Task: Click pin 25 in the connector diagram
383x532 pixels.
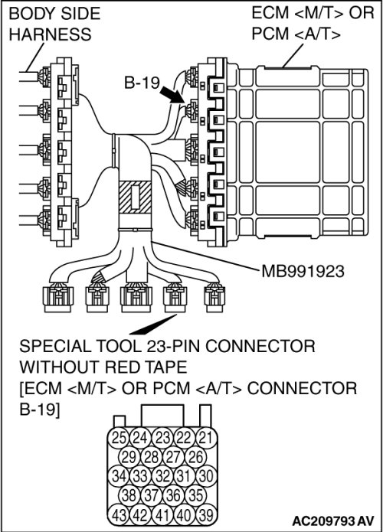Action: coord(119,438)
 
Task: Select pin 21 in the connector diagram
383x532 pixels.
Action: coord(207,438)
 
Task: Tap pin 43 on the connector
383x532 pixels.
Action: coord(119,515)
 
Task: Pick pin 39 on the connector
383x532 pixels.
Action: coord(207,515)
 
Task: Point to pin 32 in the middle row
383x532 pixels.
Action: coord(162,476)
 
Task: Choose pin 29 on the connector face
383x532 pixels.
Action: coord(129,457)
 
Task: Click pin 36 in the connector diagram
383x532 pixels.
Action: coord(174,496)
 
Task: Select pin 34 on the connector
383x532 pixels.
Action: coord(119,476)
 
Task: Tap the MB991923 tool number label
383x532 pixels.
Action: coord(303,271)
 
